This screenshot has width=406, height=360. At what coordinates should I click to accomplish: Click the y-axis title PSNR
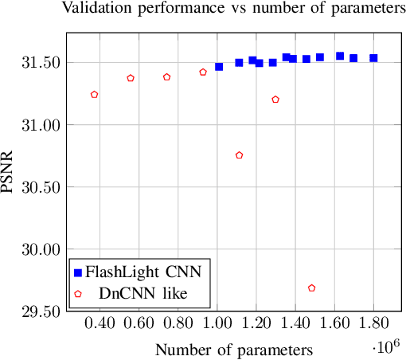coord(9,171)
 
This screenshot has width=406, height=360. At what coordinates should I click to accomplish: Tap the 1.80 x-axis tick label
coord(373,325)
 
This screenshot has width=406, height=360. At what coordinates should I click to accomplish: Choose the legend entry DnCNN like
coord(143,293)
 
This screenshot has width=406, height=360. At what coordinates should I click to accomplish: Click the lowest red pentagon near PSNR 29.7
coord(311,288)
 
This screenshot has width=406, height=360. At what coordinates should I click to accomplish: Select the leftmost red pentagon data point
coord(94,94)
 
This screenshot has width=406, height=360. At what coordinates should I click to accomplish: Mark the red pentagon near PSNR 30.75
coord(239,155)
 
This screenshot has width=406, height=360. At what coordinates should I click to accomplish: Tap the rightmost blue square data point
coord(373,58)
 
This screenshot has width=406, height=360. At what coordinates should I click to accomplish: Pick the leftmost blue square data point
coord(219,67)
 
